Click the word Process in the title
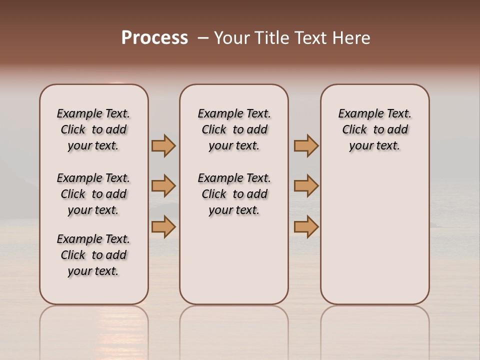(x=154, y=37)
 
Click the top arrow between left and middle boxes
(x=163, y=145)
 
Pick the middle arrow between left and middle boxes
(x=163, y=186)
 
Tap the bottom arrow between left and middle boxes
(x=163, y=226)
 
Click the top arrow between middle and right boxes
(x=306, y=145)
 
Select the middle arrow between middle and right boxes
(x=306, y=186)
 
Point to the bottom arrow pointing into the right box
(x=306, y=226)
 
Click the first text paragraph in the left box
(x=93, y=129)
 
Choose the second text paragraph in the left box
(x=93, y=194)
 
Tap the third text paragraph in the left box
(x=93, y=255)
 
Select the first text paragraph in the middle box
(x=234, y=129)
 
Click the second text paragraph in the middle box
(x=234, y=194)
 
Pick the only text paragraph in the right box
(x=374, y=129)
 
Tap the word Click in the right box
(x=354, y=130)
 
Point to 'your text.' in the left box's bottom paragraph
(x=93, y=271)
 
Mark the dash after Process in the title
(x=202, y=38)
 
